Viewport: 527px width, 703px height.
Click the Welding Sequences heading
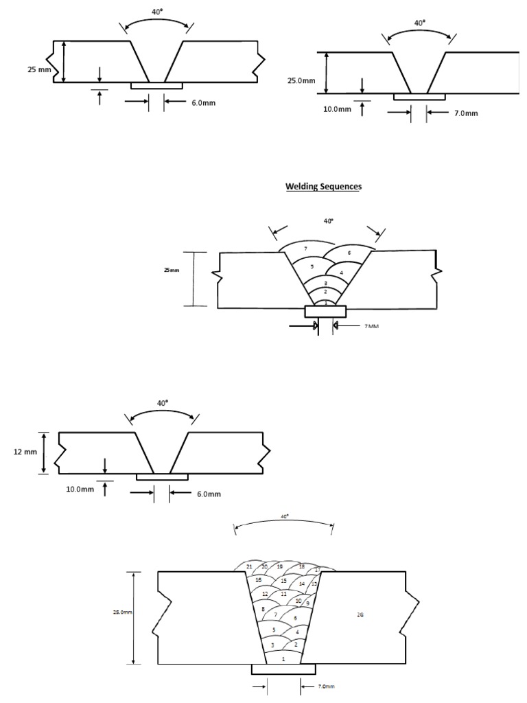point(323,187)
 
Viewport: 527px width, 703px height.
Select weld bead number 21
point(249,566)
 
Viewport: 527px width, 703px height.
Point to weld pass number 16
point(258,580)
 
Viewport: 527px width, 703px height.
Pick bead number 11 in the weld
point(283,593)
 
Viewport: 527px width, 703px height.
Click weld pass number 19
point(280,566)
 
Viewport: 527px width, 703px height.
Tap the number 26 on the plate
point(360,614)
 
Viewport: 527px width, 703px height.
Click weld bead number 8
point(263,609)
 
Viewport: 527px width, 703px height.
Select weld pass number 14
point(301,584)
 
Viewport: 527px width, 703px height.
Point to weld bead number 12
point(264,594)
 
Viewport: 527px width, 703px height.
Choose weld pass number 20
point(264,566)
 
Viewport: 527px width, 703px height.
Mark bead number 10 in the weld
point(298,601)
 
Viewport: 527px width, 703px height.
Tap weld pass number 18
point(301,566)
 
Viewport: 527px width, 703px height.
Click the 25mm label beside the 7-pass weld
point(171,270)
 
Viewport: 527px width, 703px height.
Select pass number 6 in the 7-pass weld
point(349,253)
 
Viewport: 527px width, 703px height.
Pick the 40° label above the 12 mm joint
point(162,404)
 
